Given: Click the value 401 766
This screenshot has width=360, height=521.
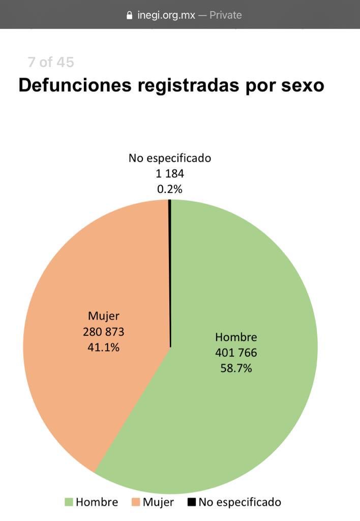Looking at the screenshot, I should tap(236, 353).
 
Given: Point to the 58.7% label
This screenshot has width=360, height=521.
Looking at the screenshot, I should tap(236, 368).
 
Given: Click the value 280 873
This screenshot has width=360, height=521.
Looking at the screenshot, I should tap(104, 332).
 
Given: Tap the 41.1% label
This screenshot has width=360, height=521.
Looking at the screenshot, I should tap(104, 348).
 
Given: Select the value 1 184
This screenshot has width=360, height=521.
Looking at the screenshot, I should tap(170, 173).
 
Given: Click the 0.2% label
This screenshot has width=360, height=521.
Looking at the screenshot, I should tap(170, 189).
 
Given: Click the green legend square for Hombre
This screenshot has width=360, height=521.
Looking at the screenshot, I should tap(69, 503).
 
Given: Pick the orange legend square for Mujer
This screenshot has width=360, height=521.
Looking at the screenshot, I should tap(136, 503).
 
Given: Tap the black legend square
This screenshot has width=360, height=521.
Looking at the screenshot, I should tap(192, 503).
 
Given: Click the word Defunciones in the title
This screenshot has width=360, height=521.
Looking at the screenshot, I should tap(75, 85).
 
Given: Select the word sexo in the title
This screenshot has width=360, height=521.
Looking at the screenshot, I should tap(303, 85).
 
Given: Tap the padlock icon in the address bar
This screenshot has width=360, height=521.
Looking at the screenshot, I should tap(129, 15).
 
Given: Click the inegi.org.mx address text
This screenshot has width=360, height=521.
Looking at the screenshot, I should tap(166, 15).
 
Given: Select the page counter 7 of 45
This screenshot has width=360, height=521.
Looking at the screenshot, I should tap(51, 62).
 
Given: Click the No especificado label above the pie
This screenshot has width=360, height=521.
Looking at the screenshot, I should tap(170, 158).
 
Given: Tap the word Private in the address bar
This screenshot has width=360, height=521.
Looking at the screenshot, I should tap(225, 15).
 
